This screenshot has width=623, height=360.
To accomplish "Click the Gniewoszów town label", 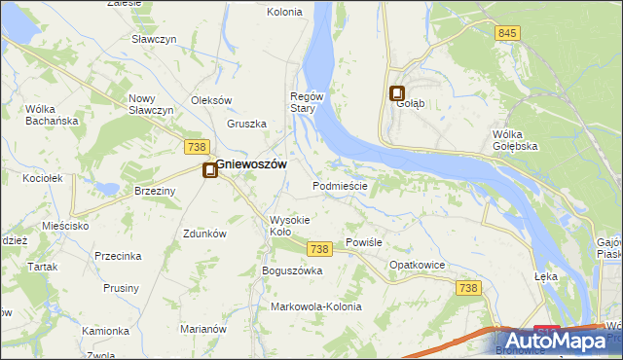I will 251,165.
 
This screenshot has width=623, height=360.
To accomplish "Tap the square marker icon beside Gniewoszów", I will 209,171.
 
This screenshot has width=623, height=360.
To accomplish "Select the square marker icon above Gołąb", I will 397,93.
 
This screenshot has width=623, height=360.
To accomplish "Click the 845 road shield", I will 506,33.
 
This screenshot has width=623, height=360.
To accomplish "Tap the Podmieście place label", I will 340,186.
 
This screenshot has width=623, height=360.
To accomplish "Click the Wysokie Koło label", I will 289,226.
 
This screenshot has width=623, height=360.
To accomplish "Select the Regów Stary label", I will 304,102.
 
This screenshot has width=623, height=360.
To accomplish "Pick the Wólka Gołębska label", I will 516,139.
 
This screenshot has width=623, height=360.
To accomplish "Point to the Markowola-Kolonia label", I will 316,306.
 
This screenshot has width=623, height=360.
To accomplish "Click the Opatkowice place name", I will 418,265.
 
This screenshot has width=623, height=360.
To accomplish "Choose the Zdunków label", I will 205,234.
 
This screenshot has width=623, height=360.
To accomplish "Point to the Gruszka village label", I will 247,124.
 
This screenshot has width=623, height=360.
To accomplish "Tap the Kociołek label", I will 43,179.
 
